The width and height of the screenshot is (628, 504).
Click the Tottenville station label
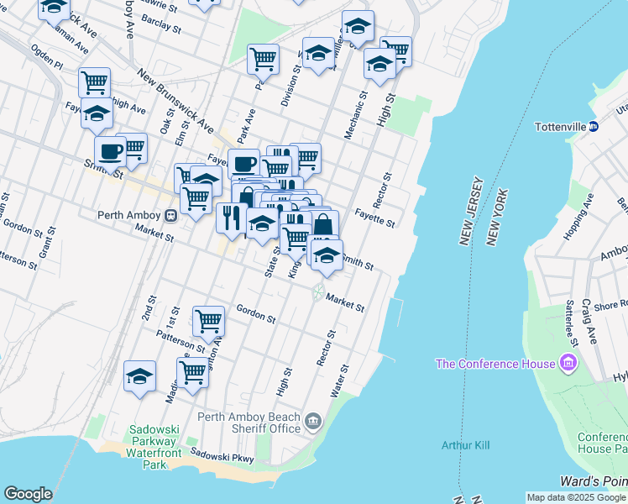point(560,127)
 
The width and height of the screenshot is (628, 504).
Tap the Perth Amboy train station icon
point(170,215)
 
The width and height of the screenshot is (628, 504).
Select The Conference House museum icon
point(568,363)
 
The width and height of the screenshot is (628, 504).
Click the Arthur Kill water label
point(465,444)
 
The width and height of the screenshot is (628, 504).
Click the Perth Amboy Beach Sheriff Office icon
point(313,419)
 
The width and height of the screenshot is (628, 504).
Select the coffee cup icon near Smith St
point(109,151)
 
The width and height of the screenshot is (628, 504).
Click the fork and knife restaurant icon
point(231,218)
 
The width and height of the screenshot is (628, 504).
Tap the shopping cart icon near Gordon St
point(208,320)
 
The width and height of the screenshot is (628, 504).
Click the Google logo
point(28,494)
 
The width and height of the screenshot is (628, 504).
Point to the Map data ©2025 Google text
point(575,497)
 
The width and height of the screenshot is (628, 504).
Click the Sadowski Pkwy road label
point(222,454)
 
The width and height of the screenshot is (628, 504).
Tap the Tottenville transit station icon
point(593,127)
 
